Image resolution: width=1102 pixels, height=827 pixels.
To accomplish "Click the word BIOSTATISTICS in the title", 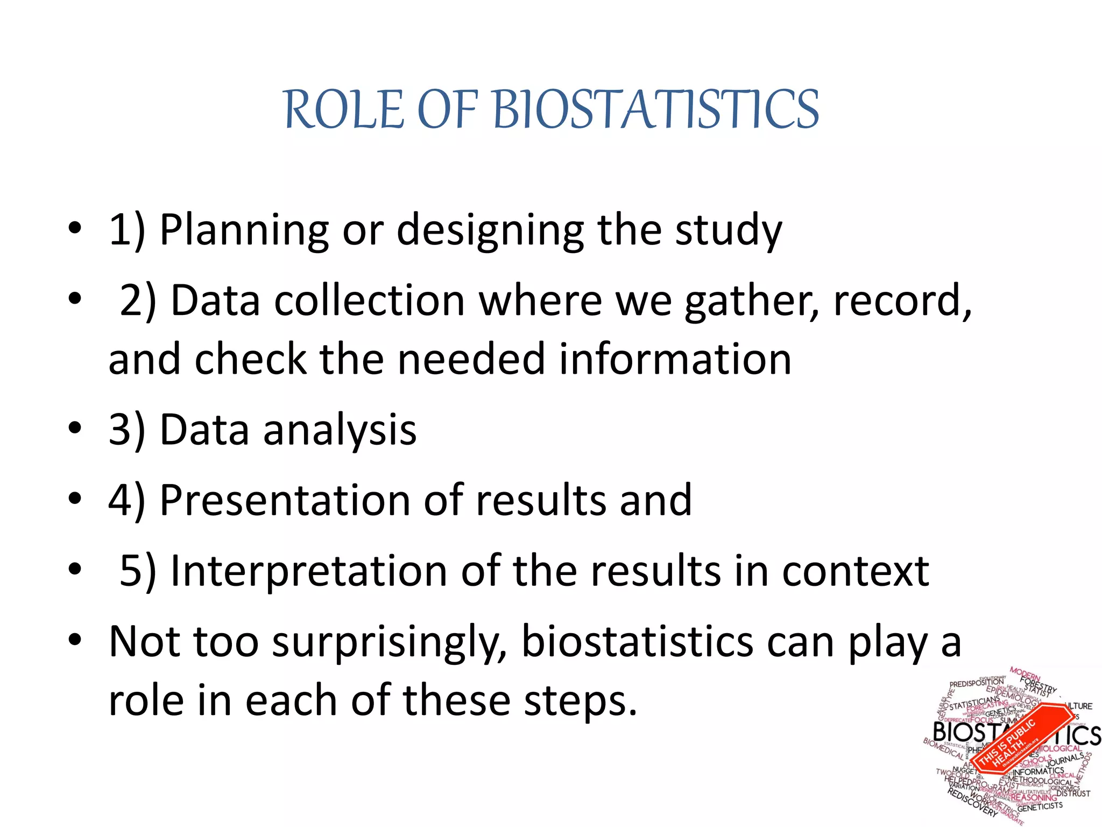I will [x=655, y=110].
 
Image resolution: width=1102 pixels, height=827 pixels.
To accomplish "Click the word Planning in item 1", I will [x=244, y=230].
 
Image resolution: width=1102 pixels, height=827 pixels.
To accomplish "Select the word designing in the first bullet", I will [x=490, y=230].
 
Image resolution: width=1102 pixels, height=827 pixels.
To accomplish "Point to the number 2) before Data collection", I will [x=138, y=300].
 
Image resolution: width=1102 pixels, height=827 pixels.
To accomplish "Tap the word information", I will [x=675, y=360].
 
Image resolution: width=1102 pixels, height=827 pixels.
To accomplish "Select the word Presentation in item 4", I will [x=285, y=501].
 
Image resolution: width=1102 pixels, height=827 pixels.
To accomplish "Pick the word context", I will [x=855, y=571].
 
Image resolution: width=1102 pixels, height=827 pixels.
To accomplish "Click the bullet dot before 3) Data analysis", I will [x=75, y=429].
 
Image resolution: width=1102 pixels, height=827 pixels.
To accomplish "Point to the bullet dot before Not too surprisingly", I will [x=75, y=640].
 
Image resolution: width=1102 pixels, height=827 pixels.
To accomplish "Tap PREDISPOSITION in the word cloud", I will [x=976, y=683].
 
